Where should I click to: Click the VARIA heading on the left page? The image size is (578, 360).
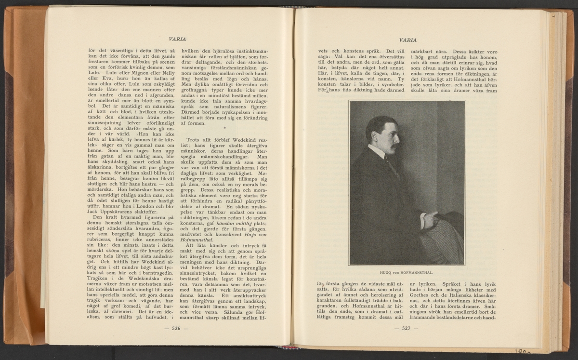click(x=178, y=39)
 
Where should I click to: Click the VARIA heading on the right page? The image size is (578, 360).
click(x=408, y=40)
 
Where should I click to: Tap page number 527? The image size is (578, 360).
click(x=406, y=329)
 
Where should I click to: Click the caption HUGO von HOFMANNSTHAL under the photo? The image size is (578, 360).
click(x=407, y=271)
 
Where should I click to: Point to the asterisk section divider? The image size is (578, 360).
click(x=225, y=128)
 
